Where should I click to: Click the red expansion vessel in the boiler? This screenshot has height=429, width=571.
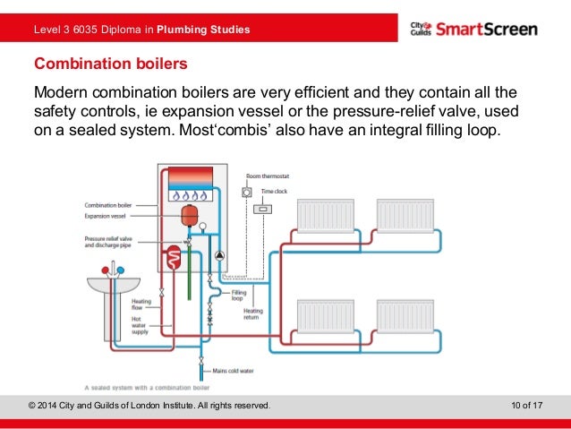coord(189,216)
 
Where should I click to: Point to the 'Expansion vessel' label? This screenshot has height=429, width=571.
coord(107,216)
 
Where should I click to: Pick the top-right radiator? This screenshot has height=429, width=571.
coord(405,216)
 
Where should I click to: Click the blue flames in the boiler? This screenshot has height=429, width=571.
coord(190,193)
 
